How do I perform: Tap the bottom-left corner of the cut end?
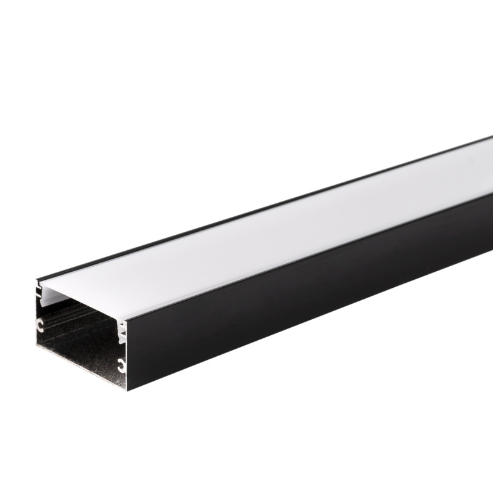[36, 354]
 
